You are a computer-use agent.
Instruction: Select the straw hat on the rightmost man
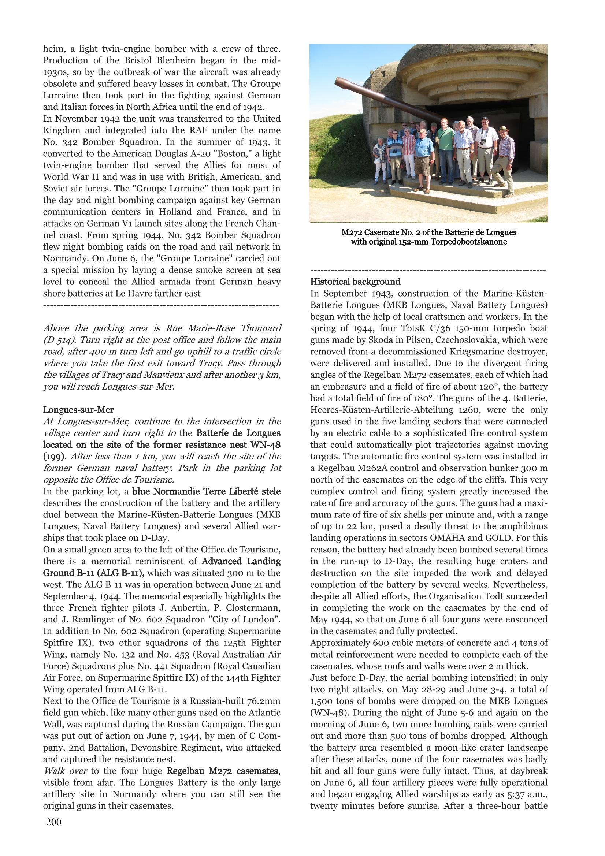(504, 129)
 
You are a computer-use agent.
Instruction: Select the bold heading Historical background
(355, 282)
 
